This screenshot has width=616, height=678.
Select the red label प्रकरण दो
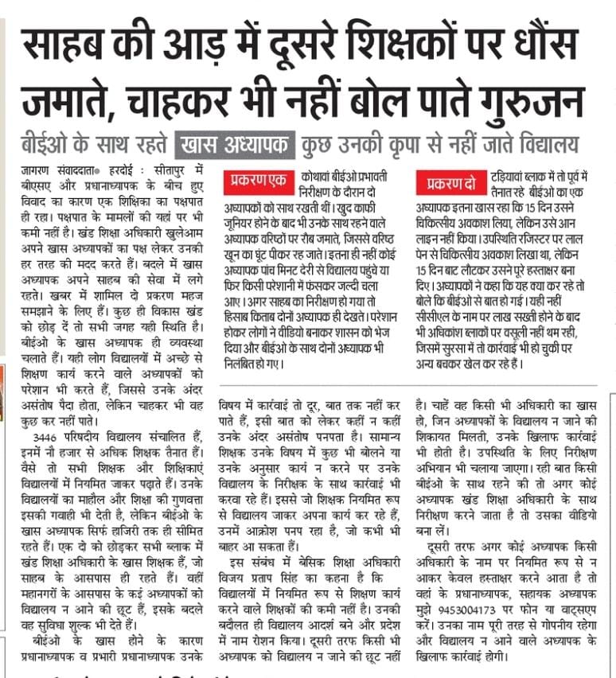coord(450,184)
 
